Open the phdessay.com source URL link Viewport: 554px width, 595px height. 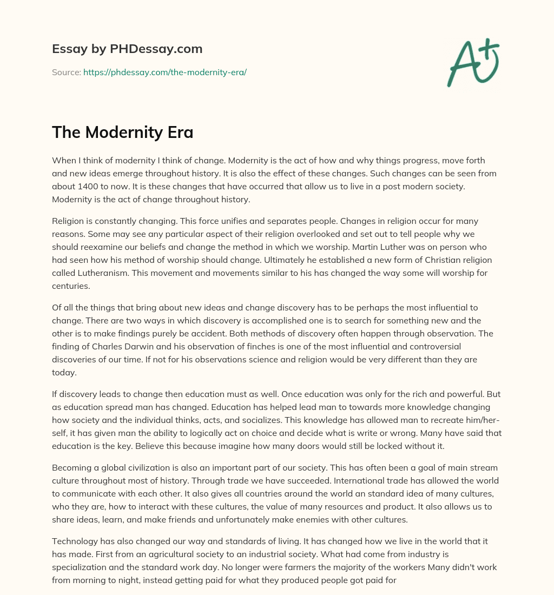click(165, 72)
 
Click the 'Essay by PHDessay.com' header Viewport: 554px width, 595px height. click(127, 49)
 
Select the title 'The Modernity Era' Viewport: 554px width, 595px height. click(122, 132)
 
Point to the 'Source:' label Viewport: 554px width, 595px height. click(67, 72)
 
